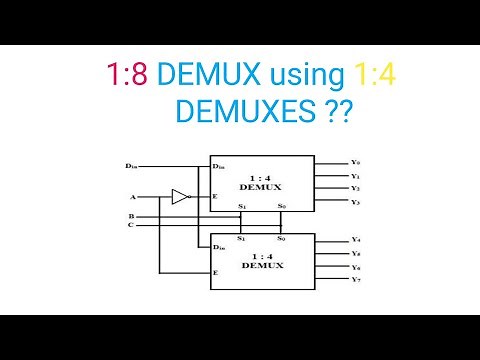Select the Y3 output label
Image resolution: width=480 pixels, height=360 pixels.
click(356, 202)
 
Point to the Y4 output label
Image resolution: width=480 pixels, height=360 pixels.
click(356, 241)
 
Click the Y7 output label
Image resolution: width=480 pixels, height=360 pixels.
click(356, 279)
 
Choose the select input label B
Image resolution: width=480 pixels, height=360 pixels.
click(131, 216)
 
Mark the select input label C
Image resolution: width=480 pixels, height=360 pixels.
click(131, 224)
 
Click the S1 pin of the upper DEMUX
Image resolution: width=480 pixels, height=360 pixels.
click(241, 207)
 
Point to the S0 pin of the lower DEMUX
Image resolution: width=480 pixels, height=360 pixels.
click(281, 240)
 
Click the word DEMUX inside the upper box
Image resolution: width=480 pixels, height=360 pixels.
click(261, 186)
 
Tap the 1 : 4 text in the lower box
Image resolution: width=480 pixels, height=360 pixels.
click(261, 255)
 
